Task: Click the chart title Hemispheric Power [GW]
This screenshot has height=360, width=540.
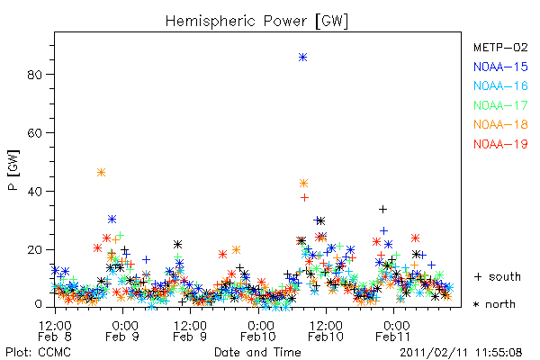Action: [256, 22]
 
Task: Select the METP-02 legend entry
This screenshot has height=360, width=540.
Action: [500, 47]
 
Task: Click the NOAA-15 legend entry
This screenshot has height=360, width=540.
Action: [500, 67]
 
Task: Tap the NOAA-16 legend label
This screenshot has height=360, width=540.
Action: [500, 85]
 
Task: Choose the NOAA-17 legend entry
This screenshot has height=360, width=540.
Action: [500, 105]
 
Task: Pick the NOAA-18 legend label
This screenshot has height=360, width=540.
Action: [500, 124]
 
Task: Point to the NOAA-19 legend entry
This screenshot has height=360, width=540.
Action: [500, 144]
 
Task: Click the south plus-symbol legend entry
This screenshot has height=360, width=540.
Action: [498, 276]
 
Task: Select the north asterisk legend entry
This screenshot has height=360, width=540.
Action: [494, 304]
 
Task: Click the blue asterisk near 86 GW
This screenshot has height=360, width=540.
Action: [302, 58]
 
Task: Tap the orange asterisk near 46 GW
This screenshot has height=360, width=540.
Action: [101, 173]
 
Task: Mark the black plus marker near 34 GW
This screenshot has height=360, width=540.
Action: [383, 209]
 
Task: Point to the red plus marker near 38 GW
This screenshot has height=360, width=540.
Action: [304, 197]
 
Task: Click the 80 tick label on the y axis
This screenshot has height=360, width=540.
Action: [35, 75]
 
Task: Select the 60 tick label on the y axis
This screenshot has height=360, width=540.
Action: [35, 133]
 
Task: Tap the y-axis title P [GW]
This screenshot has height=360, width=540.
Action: [13, 170]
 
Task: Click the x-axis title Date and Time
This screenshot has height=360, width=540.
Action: [257, 352]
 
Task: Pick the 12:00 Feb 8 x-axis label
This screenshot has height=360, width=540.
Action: [55, 331]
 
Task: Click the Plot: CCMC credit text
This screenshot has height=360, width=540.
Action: [38, 352]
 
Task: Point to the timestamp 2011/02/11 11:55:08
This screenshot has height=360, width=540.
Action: [461, 353]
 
